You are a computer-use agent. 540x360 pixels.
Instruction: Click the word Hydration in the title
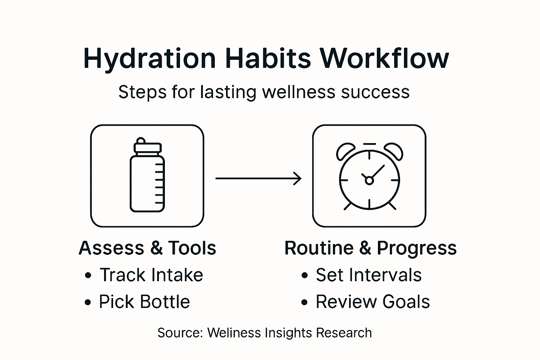(x=149, y=58)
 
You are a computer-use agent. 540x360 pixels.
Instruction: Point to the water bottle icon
(x=147, y=176)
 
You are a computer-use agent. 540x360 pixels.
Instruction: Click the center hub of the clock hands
(x=369, y=181)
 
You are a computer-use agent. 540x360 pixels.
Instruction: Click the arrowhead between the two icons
(x=298, y=179)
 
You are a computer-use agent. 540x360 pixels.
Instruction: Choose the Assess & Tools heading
(x=147, y=248)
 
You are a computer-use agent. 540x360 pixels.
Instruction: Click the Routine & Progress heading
(x=370, y=248)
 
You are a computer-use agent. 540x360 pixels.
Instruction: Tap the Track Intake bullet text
(x=151, y=275)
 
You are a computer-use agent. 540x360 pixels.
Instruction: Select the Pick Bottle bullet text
(x=144, y=302)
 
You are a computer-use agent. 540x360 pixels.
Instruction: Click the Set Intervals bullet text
(x=368, y=275)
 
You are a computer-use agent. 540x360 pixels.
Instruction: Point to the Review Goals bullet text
(x=373, y=302)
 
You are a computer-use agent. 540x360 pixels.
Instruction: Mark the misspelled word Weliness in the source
(x=234, y=333)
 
